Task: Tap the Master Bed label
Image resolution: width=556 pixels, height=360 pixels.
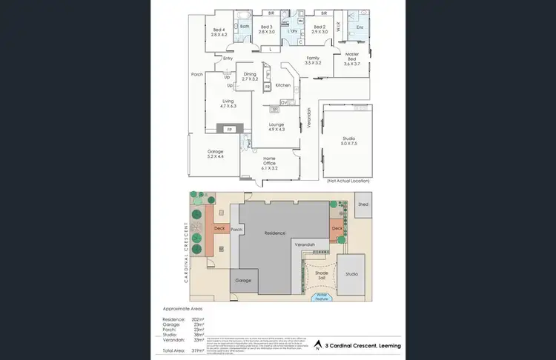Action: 351,61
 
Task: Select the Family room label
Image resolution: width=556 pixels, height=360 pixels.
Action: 313,60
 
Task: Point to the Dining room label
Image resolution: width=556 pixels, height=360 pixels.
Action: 250,76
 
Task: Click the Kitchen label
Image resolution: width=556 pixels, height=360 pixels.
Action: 282,85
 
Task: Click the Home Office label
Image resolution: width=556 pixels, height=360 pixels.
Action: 270,165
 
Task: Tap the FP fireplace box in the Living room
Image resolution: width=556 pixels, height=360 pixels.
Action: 229,130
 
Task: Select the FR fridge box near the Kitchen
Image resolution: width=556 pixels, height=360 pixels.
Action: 267,87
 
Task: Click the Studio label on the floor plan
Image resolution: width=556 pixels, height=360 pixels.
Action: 348,141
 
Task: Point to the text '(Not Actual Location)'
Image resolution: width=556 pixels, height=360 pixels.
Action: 348,181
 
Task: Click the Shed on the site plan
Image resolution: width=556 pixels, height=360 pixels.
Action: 363,204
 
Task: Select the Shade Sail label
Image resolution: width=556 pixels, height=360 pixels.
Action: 322,275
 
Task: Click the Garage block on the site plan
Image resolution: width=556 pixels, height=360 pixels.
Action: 243,281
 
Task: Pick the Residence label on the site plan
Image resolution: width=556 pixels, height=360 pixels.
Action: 275,233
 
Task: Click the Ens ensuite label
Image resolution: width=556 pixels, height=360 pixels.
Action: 359,27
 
